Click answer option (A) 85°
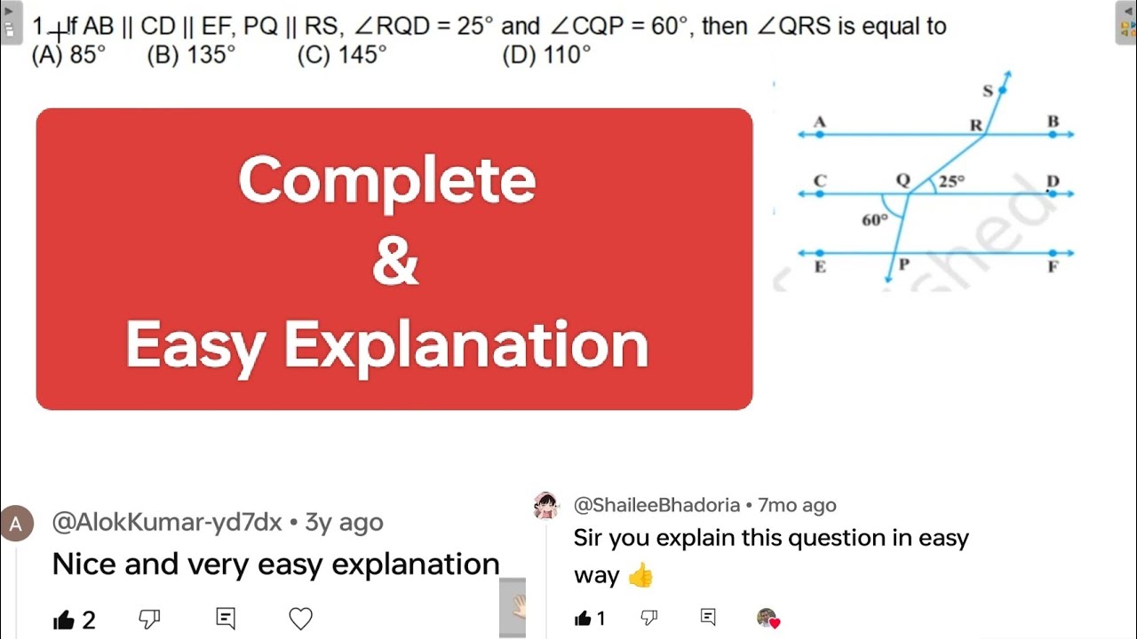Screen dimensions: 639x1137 tap(68, 56)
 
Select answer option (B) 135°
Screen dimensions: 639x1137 tap(191, 56)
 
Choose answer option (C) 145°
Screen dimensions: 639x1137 tap(342, 56)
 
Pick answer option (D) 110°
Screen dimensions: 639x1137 tap(546, 56)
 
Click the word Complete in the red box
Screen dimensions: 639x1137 tap(387, 180)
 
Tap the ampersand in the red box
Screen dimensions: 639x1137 tap(395, 262)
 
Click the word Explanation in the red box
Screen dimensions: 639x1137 tap(466, 345)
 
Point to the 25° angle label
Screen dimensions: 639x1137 tap(951, 181)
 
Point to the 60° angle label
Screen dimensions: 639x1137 tap(875, 220)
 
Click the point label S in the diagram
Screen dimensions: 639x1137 tap(988, 91)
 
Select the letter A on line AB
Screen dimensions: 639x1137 tap(819, 122)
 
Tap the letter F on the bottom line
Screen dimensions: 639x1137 tap(1054, 266)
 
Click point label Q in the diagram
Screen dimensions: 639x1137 tap(902, 180)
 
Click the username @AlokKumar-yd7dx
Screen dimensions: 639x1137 tap(167, 522)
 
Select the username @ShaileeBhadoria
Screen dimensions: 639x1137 tap(656, 505)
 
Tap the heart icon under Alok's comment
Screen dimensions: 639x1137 tap(301, 619)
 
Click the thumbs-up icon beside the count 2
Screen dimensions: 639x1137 tap(64, 619)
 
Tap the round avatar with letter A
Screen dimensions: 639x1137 tap(16, 524)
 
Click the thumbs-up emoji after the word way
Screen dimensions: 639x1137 tap(640, 576)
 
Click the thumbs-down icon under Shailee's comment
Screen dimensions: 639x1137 tap(649, 618)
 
